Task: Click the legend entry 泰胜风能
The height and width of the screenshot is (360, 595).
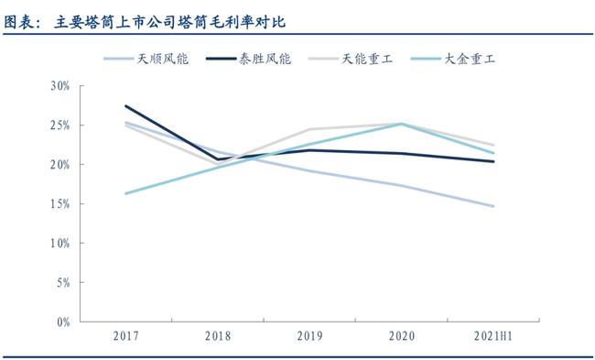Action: [265, 58]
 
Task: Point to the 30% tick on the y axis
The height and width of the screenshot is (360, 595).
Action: [59, 86]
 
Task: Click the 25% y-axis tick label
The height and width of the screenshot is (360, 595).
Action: [59, 125]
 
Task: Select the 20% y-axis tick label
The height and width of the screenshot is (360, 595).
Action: [59, 165]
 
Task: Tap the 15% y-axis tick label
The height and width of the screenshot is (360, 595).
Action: [59, 204]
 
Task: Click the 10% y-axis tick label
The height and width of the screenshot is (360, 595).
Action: [59, 244]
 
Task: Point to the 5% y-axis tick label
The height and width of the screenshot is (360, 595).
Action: [62, 283]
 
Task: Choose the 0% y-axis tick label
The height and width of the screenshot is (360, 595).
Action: [62, 322]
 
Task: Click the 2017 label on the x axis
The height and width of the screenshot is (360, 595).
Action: [125, 336]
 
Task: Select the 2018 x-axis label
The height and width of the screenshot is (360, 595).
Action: [218, 336]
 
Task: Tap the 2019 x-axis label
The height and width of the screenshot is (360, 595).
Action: [310, 336]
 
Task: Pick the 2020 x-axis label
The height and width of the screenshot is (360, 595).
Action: [402, 336]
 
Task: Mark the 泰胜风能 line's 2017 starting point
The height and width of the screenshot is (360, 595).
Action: [125, 106]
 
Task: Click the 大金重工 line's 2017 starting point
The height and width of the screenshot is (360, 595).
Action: [125, 193]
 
